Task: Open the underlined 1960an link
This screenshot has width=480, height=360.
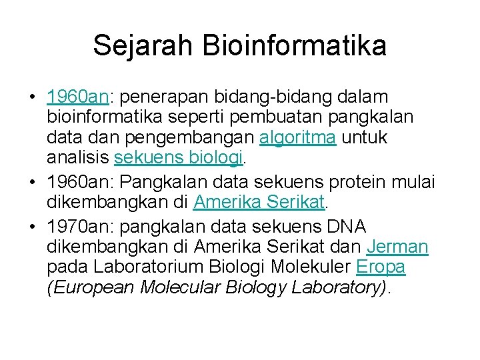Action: pyautogui.click(x=78, y=97)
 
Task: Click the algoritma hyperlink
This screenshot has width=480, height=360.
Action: pyautogui.click(x=297, y=138)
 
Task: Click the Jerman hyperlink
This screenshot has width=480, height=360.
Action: pyautogui.click(x=397, y=247)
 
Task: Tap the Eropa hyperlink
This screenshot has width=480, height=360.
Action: pyautogui.click(x=381, y=267)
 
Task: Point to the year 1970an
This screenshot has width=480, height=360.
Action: pyautogui.click(x=78, y=227)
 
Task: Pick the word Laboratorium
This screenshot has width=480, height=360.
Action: pyautogui.click(x=150, y=267)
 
